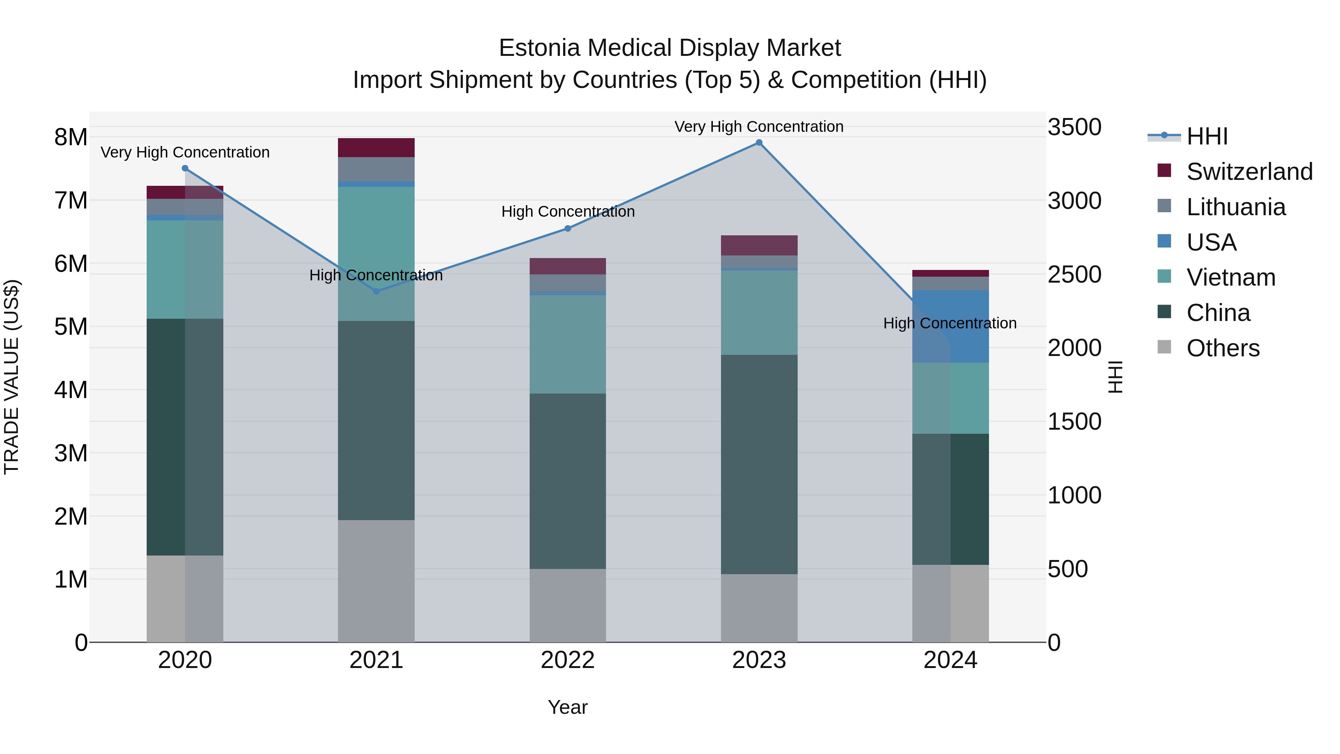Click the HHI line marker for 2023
pyautogui.click(x=759, y=143)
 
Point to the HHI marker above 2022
pyautogui.click(x=568, y=229)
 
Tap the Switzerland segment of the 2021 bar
pyautogui.click(x=376, y=148)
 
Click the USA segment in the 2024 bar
pyautogui.click(x=950, y=326)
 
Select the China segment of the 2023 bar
pyautogui.click(x=759, y=464)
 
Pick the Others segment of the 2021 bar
pyautogui.click(x=376, y=581)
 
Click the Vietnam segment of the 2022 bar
pyautogui.click(x=568, y=344)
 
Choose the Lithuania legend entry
pyautogui.click(x=1236, y=207)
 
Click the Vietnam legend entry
pyautogui.click(x=1231, y=277)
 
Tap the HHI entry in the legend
pyautogui.click(x=1207, y=136)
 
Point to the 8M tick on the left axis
pyautogui.click(x=71, y=137)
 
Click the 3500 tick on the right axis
pyautogui.click(x=1074, y=127)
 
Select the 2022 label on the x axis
pyautogui.click(x=568, y=660)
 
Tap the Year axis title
pyautogui.click(x=568, y=707)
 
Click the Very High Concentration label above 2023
pyautogui.click(x=759, y=127)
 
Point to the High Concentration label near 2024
pyautogui.click(x=950, y=323)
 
